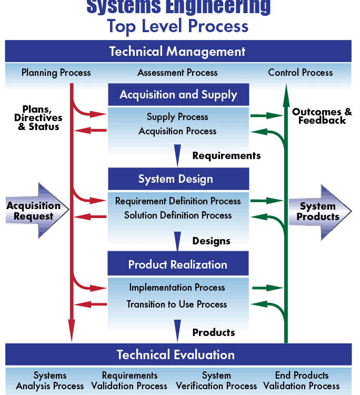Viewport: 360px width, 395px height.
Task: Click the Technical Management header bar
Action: point(178,51)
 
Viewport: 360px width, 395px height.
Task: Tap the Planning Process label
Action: point(56,73)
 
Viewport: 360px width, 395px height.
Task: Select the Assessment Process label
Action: point(177,73)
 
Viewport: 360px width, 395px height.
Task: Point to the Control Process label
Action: point(301,73)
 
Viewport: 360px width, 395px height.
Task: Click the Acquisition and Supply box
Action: point(178,94)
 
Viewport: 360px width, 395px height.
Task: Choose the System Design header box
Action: point(178,179)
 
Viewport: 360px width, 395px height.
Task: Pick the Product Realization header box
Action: point(178,264)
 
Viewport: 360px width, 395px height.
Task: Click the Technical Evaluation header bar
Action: point(178,354)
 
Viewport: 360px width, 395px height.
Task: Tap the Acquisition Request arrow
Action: point(37,211)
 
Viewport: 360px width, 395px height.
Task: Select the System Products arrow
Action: point(320,212)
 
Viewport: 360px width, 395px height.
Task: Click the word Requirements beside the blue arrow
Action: point(226,156)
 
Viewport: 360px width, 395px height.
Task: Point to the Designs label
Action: point(211,241)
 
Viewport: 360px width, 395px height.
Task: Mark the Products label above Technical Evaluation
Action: point(214,332)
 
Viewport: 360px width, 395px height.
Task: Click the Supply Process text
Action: point(177,117)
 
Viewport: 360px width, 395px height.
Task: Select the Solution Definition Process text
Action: point(178,215)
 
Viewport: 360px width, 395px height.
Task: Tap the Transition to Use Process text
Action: point(177,304)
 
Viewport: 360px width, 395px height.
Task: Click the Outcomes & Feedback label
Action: point(322,116)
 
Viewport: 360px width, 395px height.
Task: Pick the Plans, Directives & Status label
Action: point(38,118)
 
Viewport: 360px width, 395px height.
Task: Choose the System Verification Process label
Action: point(216,381)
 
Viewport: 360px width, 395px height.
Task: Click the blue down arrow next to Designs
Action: point(177,241)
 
